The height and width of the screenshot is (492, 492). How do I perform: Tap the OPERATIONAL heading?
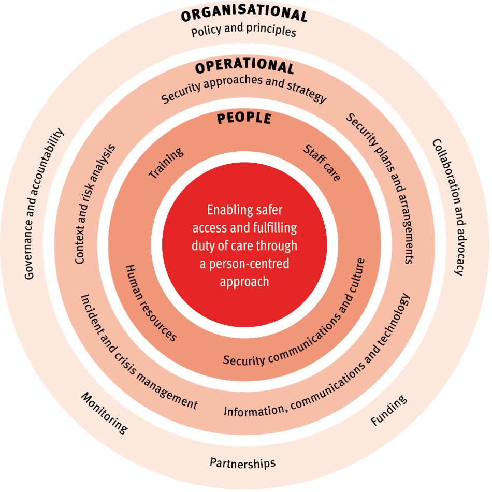click(x=244, y=66)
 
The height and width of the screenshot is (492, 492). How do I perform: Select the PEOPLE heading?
click(x=244, y=118)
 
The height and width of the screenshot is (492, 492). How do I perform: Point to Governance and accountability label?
click(x=45, y=204)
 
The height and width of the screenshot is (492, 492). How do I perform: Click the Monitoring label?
click(x=104, y=412)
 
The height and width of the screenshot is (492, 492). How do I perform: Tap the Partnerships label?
click(x=242, y=462)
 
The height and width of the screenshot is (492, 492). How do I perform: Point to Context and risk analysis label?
click(x=95, y=204)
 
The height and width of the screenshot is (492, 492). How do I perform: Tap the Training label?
click(x=166, y=163)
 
